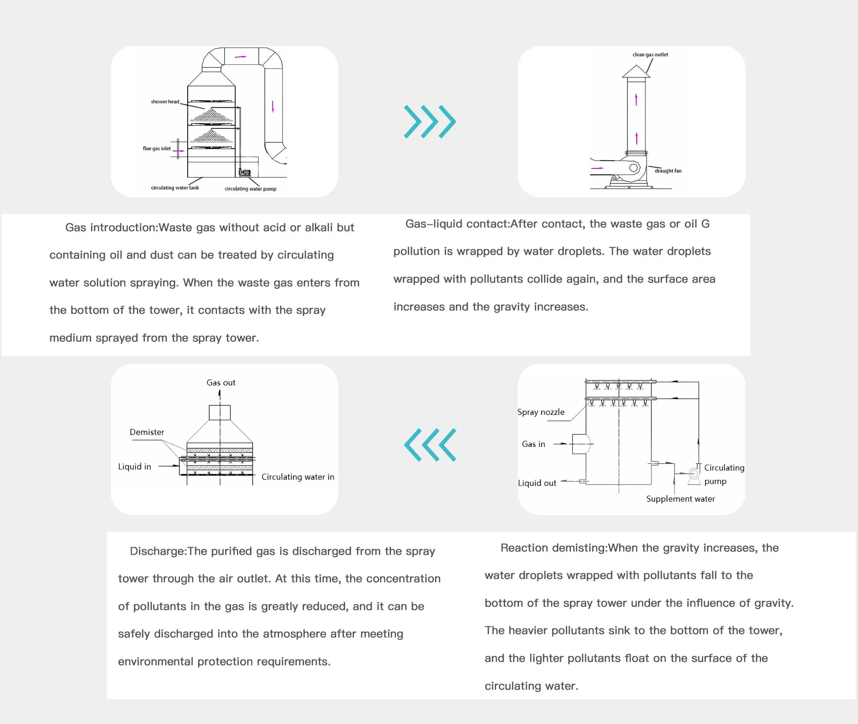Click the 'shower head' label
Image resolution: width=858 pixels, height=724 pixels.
[x=165, y=102]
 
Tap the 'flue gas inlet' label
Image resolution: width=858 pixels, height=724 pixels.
[x=157, y=149]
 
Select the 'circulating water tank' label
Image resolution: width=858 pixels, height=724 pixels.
[x=175, y=188]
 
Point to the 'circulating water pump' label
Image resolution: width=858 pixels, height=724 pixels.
[x=250, y=189]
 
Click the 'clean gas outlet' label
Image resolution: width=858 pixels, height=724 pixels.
[x=650, y=54]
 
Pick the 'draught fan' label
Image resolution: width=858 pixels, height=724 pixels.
[x=668, y=171]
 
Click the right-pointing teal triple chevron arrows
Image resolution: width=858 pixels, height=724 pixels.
[x=429, y=121]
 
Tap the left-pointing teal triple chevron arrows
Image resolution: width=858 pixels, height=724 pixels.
[x=429, y=445]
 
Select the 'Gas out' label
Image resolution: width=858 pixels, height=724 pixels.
[x=221, y=383]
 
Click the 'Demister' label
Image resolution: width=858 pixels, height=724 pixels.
[x=147, y=432]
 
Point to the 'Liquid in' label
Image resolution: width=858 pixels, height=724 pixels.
[x=134, y=467]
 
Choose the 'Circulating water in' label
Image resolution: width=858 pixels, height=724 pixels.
[x=298, y=477]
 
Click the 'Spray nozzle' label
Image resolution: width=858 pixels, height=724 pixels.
[x=540, y=412]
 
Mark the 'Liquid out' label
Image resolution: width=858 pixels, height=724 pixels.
[x=537, y=483]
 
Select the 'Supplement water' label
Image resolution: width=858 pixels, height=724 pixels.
[x=680, y=499]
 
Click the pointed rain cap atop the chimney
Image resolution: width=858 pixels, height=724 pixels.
[x=636, y=71]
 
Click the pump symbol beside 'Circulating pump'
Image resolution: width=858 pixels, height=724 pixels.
[x=694, y=474]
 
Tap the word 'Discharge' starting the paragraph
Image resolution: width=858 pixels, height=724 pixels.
[x=157, y=551]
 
